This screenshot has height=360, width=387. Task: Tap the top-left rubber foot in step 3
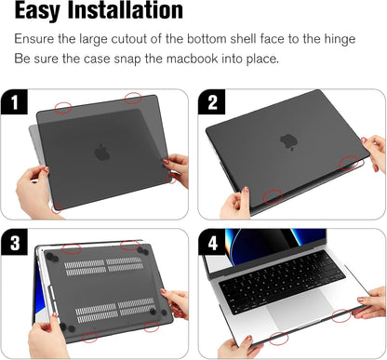coord(48,255)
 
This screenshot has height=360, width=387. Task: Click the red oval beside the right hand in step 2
coord(350,162)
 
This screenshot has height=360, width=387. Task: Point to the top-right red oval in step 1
coord(133,96)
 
